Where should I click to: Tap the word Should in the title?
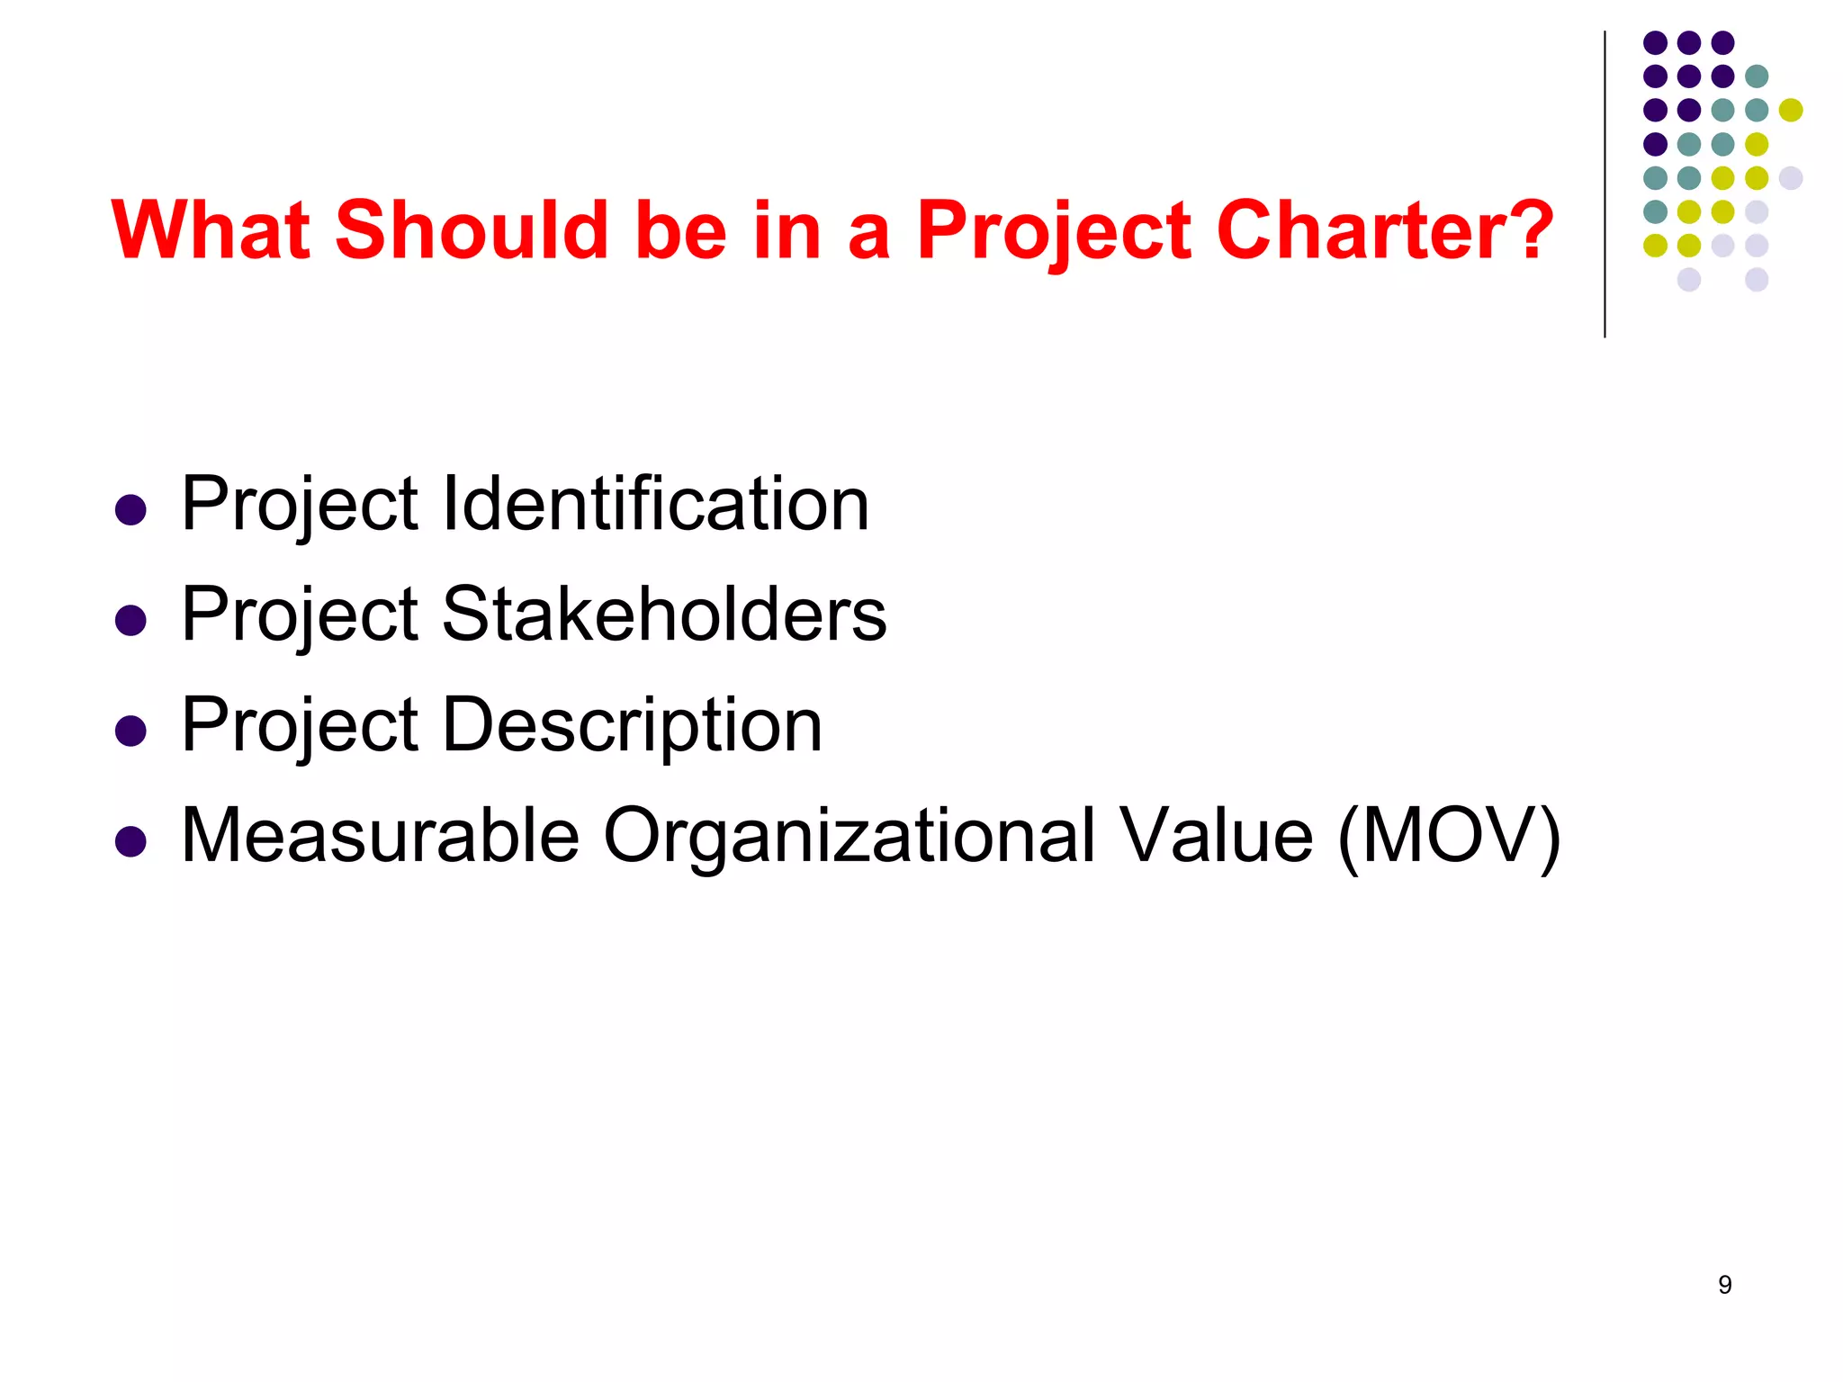472,230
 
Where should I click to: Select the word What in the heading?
211,230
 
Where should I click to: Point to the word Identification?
655,504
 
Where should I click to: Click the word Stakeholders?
664,615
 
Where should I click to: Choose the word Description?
632,725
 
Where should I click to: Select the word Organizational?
849,836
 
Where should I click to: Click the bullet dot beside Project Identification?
131,510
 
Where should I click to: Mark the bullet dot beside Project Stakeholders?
131,621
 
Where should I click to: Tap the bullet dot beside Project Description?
131,731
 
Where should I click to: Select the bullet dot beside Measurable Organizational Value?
131,842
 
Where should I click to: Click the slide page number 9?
1724,1285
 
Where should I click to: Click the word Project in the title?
1053,232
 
